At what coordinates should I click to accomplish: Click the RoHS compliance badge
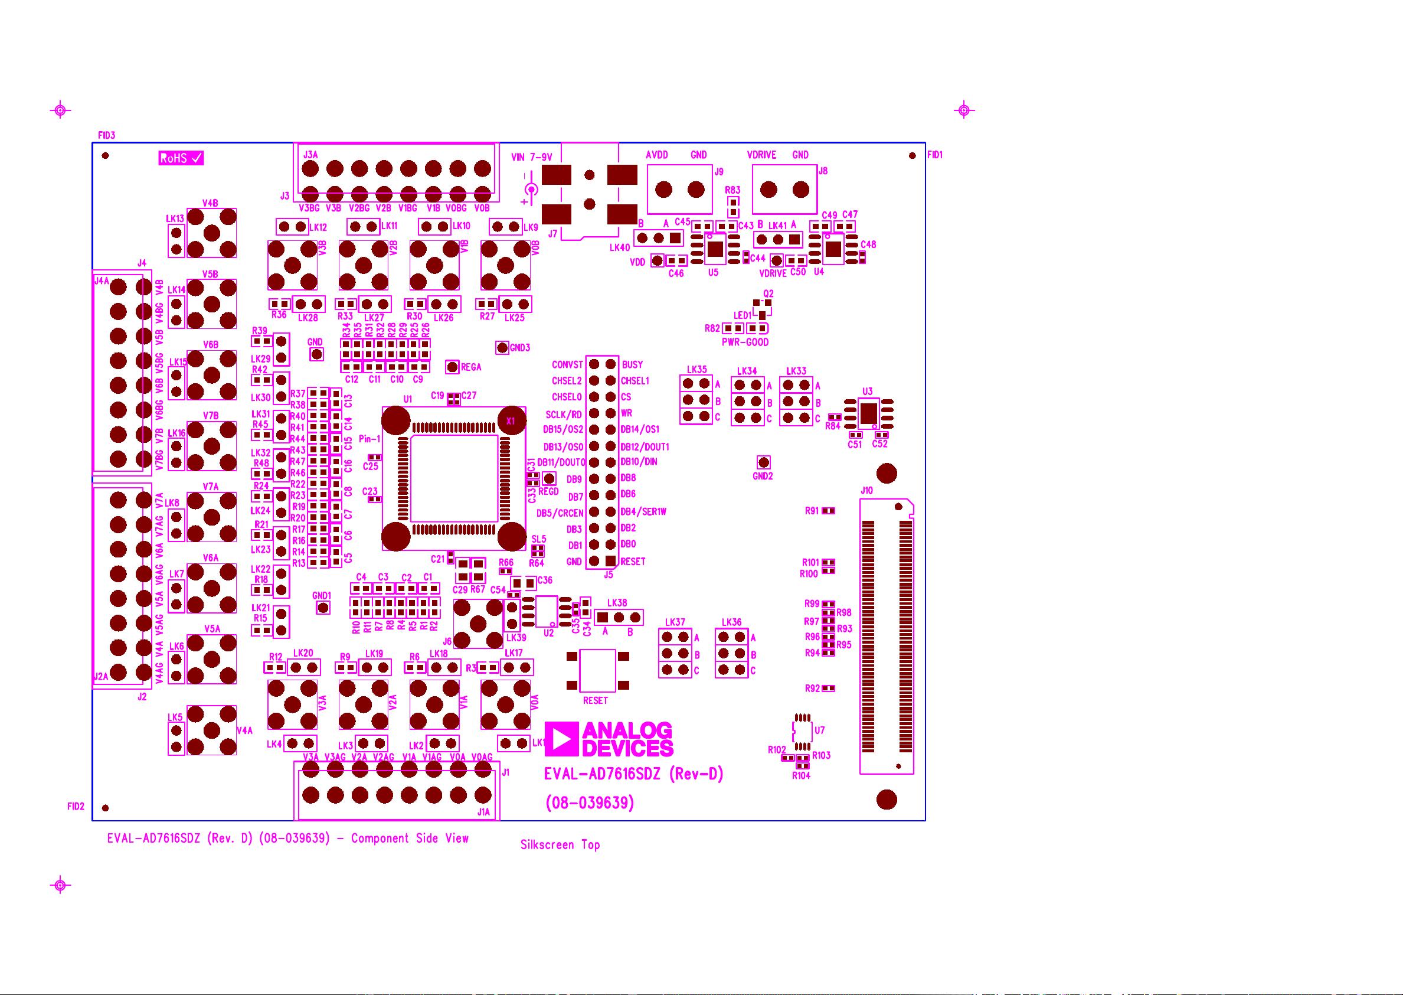point(181,158)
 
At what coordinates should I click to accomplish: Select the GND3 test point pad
point(502,348)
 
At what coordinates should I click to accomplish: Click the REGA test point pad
point(452,367)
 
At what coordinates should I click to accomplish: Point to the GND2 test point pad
point(763,462)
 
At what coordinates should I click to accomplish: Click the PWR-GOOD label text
point(745,342)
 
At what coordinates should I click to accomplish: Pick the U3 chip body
point(868,413)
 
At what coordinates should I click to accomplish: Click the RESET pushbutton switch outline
point(598,670)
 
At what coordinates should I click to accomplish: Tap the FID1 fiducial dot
point(913,156)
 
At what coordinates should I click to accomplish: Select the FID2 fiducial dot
point(105,808)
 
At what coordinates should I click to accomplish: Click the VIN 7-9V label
point(532,158)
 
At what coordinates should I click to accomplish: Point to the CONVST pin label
point(567,364)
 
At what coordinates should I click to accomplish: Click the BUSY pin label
point(633,364)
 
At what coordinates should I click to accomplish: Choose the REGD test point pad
point(549,478)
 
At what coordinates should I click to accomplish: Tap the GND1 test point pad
point(322,607)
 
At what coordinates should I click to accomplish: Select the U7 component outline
point(802,730)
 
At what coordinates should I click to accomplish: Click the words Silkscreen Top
point(560,845)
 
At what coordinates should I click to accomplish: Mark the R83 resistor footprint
point(732,203)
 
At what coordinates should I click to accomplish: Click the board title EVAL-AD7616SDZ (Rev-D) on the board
point(634,774)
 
